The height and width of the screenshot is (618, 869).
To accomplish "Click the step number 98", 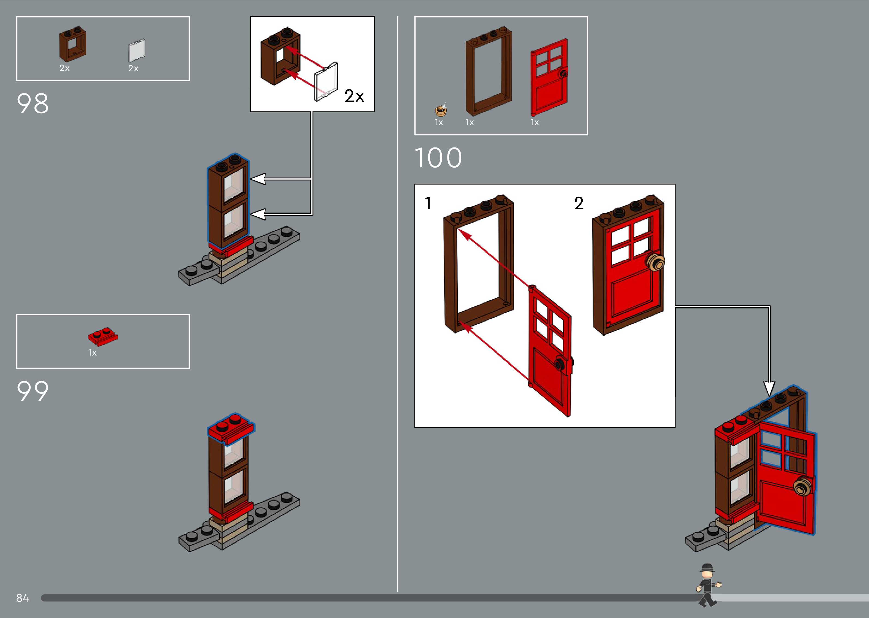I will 33,104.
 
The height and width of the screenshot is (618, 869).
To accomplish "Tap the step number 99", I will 33,391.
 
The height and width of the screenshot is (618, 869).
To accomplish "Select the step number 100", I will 438,158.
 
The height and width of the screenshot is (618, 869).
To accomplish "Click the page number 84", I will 22,598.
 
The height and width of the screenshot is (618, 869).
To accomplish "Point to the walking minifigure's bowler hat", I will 707,568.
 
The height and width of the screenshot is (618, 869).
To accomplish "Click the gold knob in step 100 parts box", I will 441,110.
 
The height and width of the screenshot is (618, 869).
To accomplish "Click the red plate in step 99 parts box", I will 103,337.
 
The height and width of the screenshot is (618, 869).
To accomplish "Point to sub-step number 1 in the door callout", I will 428,203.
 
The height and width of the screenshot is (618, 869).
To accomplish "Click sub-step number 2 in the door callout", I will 579,203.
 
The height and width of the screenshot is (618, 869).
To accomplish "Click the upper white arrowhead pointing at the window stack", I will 258,179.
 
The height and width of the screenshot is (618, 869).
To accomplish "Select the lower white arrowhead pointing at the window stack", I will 258,214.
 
